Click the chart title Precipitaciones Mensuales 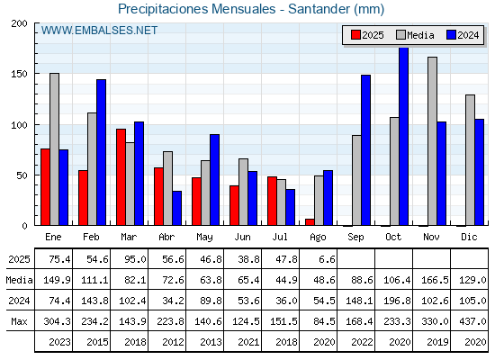[x=197, y=9]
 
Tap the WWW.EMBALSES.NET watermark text [x=99, y=31]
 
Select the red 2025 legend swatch [x=355, y=35]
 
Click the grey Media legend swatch [x=400, y=35]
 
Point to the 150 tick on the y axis [x=19, y=74]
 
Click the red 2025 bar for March [x=121, y=176]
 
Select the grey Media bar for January [x=54, y=149]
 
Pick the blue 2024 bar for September [x=365, y=150]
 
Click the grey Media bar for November [x=432, y=141]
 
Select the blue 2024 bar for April [x=176, y=208]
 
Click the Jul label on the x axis [x=280, y=237]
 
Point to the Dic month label [x=469, y=237]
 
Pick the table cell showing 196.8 [x=397, y=301]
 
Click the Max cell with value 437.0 [x=472, y=321]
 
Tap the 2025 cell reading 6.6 [x=328, y=259]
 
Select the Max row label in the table [x=19, y=321]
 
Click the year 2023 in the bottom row [x=59, y=342]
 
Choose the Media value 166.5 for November [x=435, y=280]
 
